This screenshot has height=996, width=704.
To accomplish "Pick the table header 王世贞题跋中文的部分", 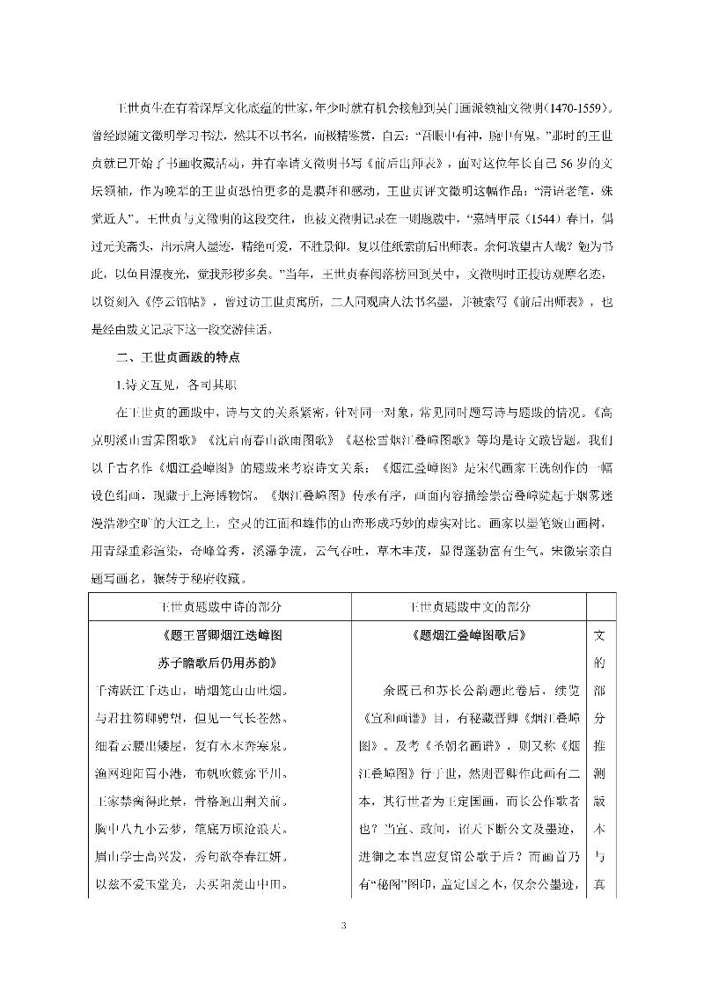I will [x=468, y=607].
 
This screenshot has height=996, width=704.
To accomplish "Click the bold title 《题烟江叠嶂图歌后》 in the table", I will [x=468, y=635].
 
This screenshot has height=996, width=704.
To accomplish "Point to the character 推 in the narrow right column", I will [x=602, y=743].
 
